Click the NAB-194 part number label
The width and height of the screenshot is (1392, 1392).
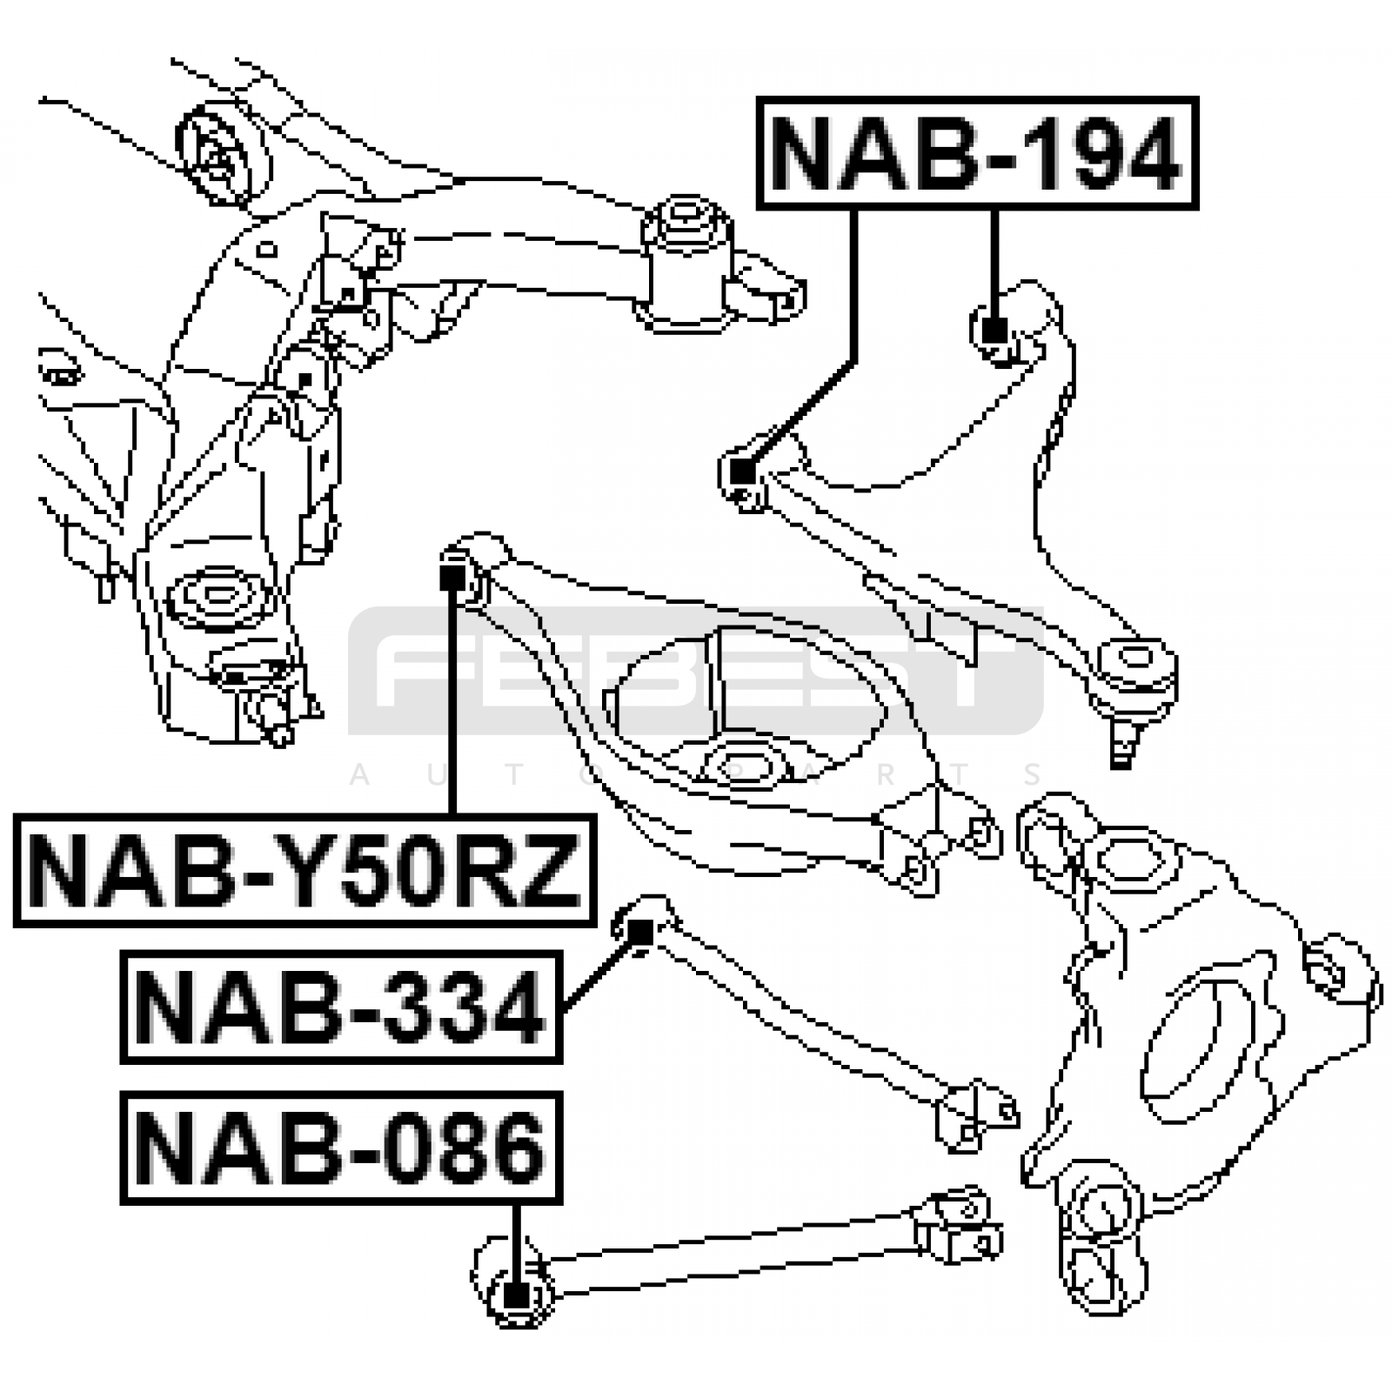(977, 153)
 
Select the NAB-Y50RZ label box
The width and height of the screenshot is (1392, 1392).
(304, 870)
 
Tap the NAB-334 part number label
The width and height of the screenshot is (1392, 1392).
(341, 1007)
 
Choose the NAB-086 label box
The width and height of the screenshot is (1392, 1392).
(341, 1148)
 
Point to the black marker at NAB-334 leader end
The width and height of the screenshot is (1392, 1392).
(640, 933)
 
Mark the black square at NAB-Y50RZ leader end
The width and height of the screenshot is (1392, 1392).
(451, 578)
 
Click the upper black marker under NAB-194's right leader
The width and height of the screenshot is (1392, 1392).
(994, 331)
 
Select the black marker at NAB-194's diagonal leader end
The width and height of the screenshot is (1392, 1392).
(742, 472)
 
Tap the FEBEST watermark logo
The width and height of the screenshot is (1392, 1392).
(696, 670)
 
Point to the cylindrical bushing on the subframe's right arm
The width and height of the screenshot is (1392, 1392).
(686, 261)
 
